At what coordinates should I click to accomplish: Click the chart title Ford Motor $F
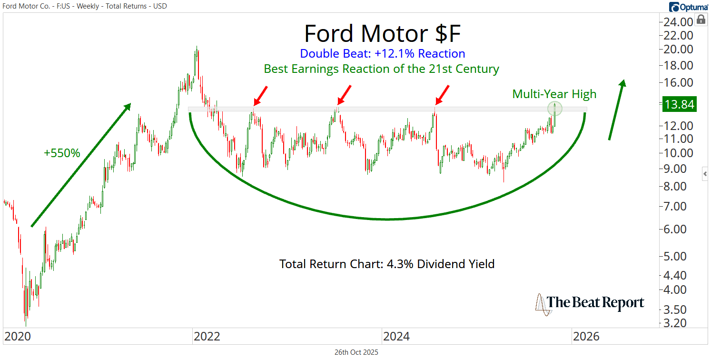pyautogui.click(x=382, y=34)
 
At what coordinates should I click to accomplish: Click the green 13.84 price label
pyautogui.click(x=679, y=104)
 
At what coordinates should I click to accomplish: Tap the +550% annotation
pyautogui.click(x=62, y=153)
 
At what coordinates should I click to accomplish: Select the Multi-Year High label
pyautogui.click(x=554, y=94)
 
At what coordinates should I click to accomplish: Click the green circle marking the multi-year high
pyautogui.click(x=555, y=109)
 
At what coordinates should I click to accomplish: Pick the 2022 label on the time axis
pyautogui.click(x=207, y=337)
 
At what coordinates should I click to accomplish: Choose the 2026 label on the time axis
pyautogui.click(x=586, y=337)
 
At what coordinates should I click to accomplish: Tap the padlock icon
pyautogui.click(x=701, y=20)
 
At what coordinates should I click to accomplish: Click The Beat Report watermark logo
pyautogui.click(x=590, y=303)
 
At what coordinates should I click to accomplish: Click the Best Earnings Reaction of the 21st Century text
pyautogui.click(x=382, y=69)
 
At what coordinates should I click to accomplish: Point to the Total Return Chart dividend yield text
pyautogui.click(x=386, y=263)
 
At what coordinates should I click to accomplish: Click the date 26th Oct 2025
pyautogui.click(x=356, y=352)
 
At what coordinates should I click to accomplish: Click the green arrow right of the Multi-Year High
pyautogui.click(x=617, y=110)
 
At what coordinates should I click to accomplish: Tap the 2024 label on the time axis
pyautogui.click(x=396, y=337)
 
